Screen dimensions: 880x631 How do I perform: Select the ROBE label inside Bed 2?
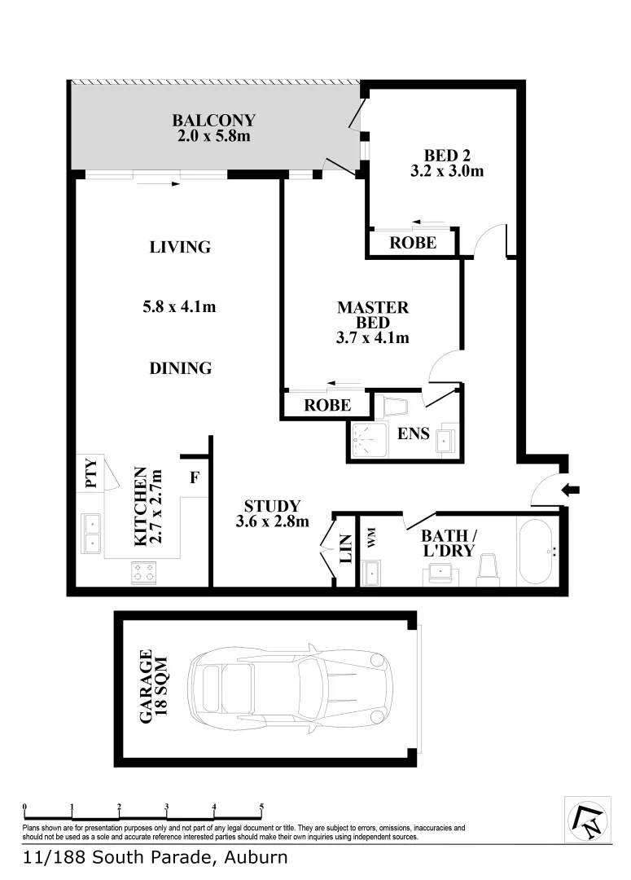[x=412, y=243]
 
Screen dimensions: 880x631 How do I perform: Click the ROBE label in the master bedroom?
[x=327, y=405]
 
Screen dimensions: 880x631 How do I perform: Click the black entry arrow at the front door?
[x=572, y=490]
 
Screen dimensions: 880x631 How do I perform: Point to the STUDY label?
[x=272, y=506]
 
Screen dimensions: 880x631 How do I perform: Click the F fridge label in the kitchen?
[x=194, y=477]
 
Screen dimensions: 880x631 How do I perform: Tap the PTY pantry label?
[x=90, y=473]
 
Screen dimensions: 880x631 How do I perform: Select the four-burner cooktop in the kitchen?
[x=143, y=574]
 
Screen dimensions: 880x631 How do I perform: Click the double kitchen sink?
[x=92, y=532]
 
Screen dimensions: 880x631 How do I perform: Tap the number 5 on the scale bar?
[x=261, y=807]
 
